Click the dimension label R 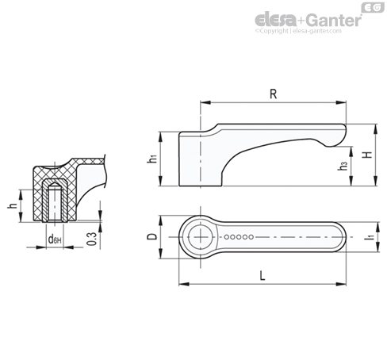tap(273, 94)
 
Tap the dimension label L tap(262, 276)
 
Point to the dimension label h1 tap(152, 159)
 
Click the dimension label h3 tap(343, 166)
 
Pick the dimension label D tap(152, 236)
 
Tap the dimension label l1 tap(371, 236)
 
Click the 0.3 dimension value tap(92, 239)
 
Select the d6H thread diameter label tap(55, 239)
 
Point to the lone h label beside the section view tap(13, 205)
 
